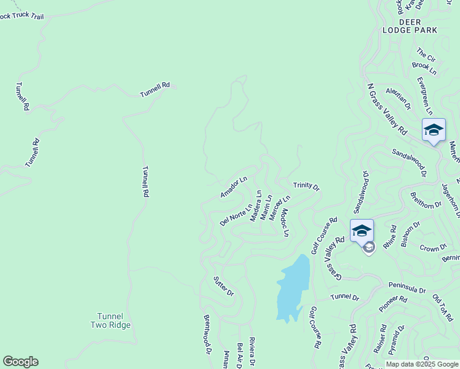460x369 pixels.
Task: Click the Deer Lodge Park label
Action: click(x=410, y=26)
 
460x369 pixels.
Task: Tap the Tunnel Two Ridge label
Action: click(x=111, y=320)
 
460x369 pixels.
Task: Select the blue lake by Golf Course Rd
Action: click(x=291, y=288)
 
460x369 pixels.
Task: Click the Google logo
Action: click(x=20, y=362)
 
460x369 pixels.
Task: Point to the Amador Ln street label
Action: click(x=234, y=188)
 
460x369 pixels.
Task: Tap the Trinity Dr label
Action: click(x=306, y=186)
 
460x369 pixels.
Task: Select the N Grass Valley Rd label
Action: click(x=387, y=110)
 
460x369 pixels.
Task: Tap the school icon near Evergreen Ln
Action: click(x=434, y=130)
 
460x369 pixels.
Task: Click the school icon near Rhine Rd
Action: click(x=362, y=231)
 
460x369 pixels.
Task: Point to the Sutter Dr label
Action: click(x=223, y=286)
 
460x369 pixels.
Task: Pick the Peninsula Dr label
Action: click(x=407, y=288)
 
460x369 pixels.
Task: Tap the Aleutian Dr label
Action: click(x=399, y=98)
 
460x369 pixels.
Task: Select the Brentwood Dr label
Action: click(x=207, y=335)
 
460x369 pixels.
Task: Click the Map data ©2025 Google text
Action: click(x=421, y=364)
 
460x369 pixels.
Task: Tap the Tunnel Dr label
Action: click(x=344, y=297)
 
